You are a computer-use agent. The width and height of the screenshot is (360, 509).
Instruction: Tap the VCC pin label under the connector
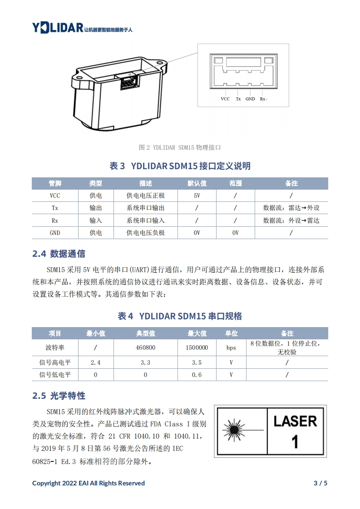[225, 99]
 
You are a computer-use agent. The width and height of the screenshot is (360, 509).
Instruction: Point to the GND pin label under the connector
[250, 99]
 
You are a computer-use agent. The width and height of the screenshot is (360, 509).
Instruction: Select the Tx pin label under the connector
[238, 99]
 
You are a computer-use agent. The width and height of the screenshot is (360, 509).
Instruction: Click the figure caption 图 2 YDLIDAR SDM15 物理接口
[180, 147]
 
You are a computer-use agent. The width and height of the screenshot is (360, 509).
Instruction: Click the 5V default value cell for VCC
[197, 196]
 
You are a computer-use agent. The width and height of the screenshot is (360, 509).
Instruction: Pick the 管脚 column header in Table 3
[55, 183]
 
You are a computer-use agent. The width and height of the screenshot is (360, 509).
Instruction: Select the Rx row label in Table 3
[54, 221]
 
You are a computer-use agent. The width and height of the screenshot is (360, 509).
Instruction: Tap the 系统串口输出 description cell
[146, 208]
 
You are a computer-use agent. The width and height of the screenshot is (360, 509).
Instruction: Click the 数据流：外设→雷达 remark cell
[291, 221]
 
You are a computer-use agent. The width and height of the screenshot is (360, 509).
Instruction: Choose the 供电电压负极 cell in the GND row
[146, 233]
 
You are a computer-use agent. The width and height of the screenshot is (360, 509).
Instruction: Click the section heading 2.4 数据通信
[59, 254]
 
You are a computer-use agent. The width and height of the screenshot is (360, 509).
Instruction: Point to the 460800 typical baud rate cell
[146, 347]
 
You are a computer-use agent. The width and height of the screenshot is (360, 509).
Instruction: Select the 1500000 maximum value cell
[197, 347]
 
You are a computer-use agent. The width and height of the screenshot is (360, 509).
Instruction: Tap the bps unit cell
[231, 347]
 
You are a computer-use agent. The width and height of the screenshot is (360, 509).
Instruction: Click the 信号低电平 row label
[55, 375]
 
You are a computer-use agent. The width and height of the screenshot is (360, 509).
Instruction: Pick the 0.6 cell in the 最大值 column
[197, 375]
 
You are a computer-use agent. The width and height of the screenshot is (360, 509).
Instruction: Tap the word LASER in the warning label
[295, 421]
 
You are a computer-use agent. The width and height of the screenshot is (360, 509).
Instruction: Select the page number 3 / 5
[321, 483]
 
